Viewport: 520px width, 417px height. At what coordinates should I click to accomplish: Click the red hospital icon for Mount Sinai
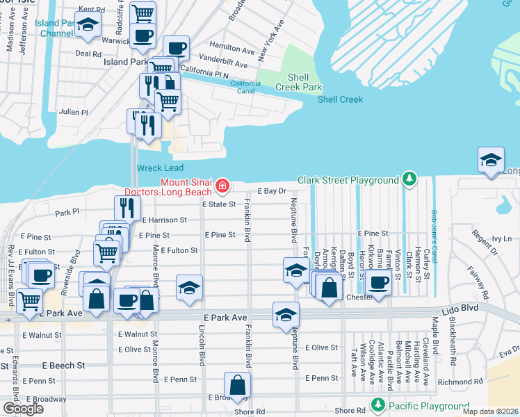222,186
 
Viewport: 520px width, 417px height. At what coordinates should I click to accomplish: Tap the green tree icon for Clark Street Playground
410,180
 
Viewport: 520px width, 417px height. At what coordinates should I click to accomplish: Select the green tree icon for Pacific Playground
377,404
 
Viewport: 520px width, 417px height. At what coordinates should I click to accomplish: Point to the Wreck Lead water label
160,168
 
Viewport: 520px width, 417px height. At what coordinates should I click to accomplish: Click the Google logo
23,409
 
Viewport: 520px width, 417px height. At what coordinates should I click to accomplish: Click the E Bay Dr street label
272,190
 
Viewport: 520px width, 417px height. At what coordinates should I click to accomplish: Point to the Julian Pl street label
74,112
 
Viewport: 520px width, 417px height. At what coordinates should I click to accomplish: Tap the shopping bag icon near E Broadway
238,385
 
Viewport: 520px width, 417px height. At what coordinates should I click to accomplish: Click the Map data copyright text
490,411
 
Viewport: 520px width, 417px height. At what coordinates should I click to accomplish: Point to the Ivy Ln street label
501,238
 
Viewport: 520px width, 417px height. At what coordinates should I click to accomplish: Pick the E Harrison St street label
165,220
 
